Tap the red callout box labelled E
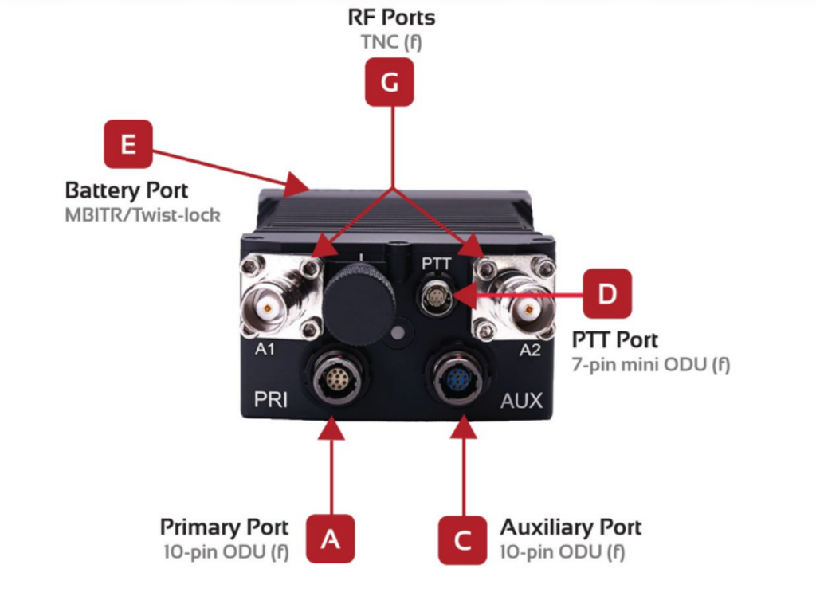pos(128,143)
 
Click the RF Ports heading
pos(391,17)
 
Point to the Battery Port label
pos(127,191)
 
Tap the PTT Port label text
pos(615,340)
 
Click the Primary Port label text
pos(224,527)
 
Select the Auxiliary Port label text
pos(571,527)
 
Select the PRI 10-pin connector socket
pos(333,378)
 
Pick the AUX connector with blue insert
pos(459,379)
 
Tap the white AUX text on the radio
pos(521,399)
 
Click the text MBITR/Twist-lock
pos(142,215)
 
